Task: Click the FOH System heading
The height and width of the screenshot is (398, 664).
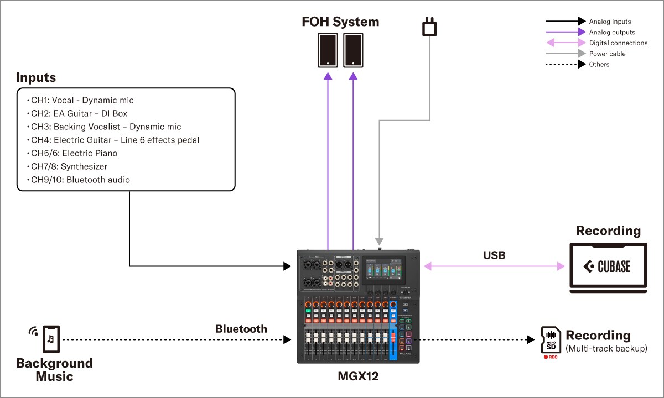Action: (340, 22)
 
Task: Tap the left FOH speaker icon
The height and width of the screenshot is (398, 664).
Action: (328, 50)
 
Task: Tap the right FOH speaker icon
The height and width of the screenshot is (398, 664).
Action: (353, 50)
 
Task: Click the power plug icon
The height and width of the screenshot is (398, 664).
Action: (429, 27)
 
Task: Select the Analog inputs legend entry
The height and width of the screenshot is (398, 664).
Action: (610, 22)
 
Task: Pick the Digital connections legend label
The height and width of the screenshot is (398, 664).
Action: (618, 43)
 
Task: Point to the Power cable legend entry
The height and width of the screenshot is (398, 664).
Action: (607, 54)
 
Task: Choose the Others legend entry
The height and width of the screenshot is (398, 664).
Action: (599, 65)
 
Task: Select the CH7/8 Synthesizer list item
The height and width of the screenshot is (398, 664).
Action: (69, 166)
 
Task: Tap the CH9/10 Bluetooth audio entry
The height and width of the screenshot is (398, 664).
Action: (80, 180)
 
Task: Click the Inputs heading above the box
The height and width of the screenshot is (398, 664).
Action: (36, 77)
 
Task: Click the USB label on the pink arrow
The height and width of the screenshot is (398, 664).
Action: (494, 255)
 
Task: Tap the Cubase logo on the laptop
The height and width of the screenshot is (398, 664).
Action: (607, 267)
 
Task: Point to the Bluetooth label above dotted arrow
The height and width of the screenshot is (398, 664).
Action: (241, 329)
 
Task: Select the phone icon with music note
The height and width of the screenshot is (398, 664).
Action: (51, 338)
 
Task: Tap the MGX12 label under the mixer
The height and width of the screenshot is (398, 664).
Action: (358, 377)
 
